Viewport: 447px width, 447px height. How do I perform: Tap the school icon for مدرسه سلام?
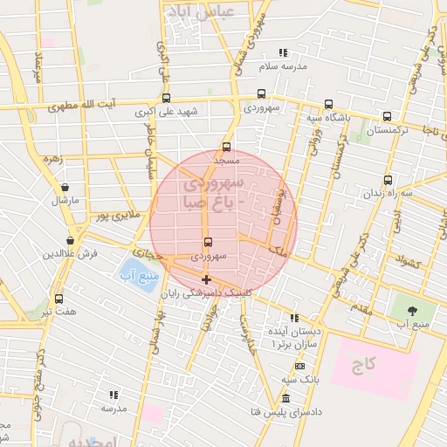[x=282, y=53]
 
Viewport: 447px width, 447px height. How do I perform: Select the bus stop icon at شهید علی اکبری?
[x=166, y=98]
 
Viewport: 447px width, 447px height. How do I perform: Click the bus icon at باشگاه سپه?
[x=328, y=104]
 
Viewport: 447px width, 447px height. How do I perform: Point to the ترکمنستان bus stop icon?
[x=387, y=116]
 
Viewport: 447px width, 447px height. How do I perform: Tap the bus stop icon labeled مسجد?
[x=227, y=147]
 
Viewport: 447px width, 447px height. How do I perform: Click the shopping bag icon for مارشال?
[x=65, y=187]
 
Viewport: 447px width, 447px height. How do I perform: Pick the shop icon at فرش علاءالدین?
[x=70, y=240]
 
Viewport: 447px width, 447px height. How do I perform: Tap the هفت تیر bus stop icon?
[x=58, y=298]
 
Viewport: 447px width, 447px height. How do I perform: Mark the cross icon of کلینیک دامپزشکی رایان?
[x=206, y=279]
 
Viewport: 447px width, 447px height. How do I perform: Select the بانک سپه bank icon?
[x=300, y=366]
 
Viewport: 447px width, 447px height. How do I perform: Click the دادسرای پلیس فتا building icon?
[x=285, y=398]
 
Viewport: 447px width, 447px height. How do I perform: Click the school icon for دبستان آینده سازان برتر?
[x=295, y=318]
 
